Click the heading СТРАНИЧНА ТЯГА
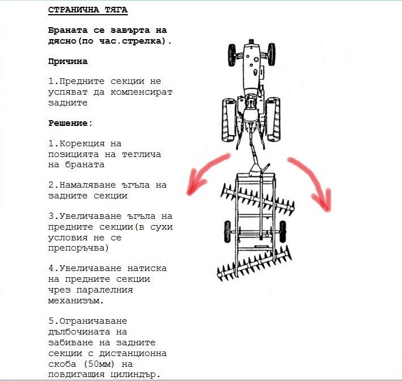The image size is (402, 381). coord(88,10)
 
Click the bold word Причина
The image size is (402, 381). coord(68,62)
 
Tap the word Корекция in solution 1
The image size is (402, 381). coord(82,143)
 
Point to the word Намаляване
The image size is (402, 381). coord(88,185)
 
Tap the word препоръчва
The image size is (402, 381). coord(76,248)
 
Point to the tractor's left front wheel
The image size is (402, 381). coord(232,55)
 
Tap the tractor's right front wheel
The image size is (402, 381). coord(272,54)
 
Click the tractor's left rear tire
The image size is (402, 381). coord(229,120)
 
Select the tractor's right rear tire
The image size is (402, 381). coord(273,119)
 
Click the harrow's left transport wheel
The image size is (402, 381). coord(228,231)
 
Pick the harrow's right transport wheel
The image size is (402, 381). coord(283,231)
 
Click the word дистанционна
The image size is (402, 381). coord(133,354)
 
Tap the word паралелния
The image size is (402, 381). coord(105,290)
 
